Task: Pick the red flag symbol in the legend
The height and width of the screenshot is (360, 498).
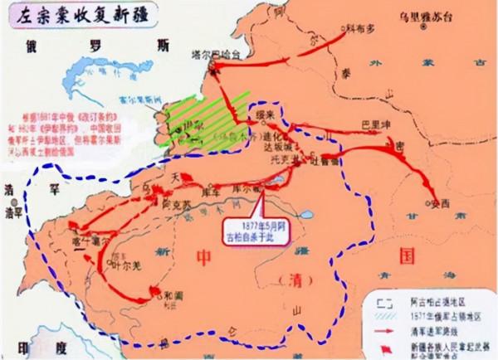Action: (x=385, y=343)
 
